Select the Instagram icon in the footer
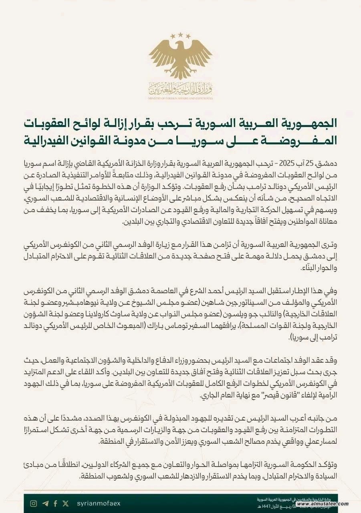click(x=34, y=503)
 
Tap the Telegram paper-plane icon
click(x=45, y=503)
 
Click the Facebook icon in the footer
click(x=55, y=503)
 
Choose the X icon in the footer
click(x=65, y=503)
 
